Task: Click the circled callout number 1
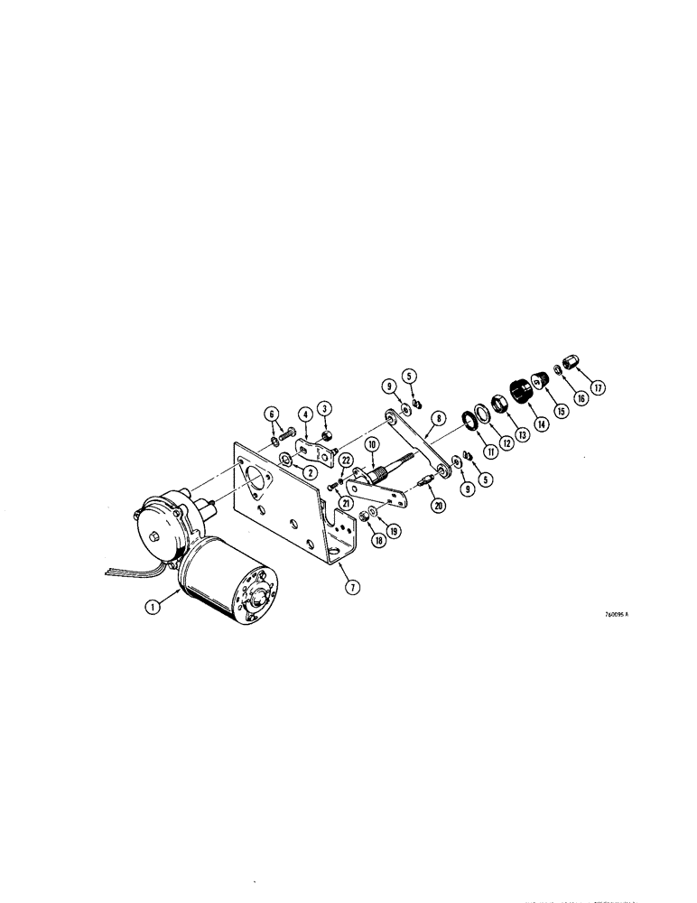click(x=154, y=609)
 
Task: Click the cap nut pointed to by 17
click(x=570, y=361)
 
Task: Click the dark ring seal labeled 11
click(x=469, y=418)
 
